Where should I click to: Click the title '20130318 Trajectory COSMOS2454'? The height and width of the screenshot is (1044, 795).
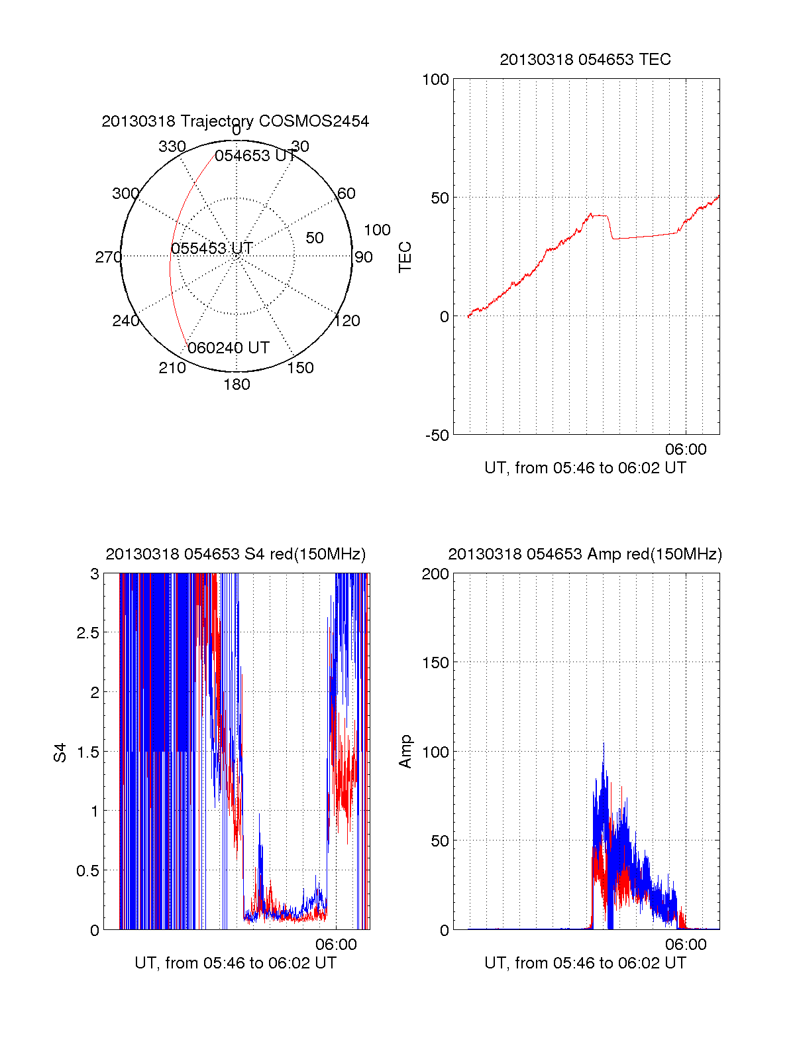pos(235,121)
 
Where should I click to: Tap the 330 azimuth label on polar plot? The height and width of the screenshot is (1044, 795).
pos(172,146)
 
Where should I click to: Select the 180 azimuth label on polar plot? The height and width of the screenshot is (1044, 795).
pos(237,384)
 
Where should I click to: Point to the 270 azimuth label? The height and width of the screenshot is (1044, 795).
pos(108,257)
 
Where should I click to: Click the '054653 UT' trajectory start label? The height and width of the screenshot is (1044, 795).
pos(255,156)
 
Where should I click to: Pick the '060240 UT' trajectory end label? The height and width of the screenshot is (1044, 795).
pos(228,348)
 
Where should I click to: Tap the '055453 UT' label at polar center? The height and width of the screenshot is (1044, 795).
pos(212,249)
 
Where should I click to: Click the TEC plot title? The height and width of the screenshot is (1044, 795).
pos(585,60)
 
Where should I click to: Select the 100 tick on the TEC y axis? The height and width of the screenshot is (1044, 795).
pos(435,80)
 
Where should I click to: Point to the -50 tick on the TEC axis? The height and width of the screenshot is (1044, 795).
pos(437,435)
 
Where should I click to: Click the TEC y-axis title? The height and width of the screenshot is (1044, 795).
pos(405,257)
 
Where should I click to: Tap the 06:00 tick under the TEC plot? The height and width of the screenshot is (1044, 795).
pos(686,449)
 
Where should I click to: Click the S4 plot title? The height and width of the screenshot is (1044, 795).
pos(235,554)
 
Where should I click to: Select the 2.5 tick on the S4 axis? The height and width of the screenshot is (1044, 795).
pos(87,633)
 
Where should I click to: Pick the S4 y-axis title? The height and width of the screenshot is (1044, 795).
pos(60,752)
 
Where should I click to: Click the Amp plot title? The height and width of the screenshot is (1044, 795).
pos(585,554)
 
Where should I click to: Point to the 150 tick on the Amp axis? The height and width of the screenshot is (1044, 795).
pos(435,663)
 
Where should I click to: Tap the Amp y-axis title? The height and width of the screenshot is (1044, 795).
pos(405,752)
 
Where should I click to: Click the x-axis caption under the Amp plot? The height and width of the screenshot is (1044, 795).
pos(585,963)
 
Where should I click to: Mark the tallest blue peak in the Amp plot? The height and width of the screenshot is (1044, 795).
pos(604,745)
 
